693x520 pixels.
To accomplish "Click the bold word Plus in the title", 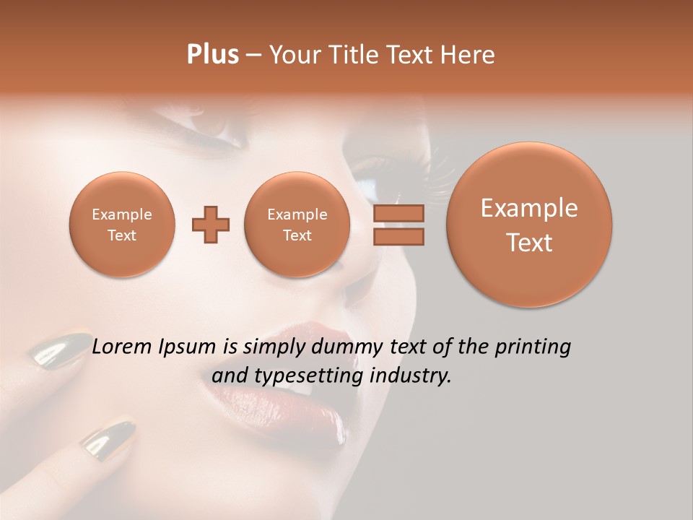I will point(212,55).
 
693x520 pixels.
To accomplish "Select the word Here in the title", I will point(469,55).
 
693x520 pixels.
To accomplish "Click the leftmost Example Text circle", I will point(121,225).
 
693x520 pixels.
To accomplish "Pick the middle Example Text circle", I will point(297,225).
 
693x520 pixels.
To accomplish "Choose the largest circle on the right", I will point(529,225).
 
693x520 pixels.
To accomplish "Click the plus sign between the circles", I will point(211,225).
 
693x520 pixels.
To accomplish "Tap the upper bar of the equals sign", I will point(398,213).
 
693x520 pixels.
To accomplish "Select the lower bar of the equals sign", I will point(398,237).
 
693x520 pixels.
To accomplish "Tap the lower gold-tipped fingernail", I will point(108,435).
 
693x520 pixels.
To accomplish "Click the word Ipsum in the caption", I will point(190,347).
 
